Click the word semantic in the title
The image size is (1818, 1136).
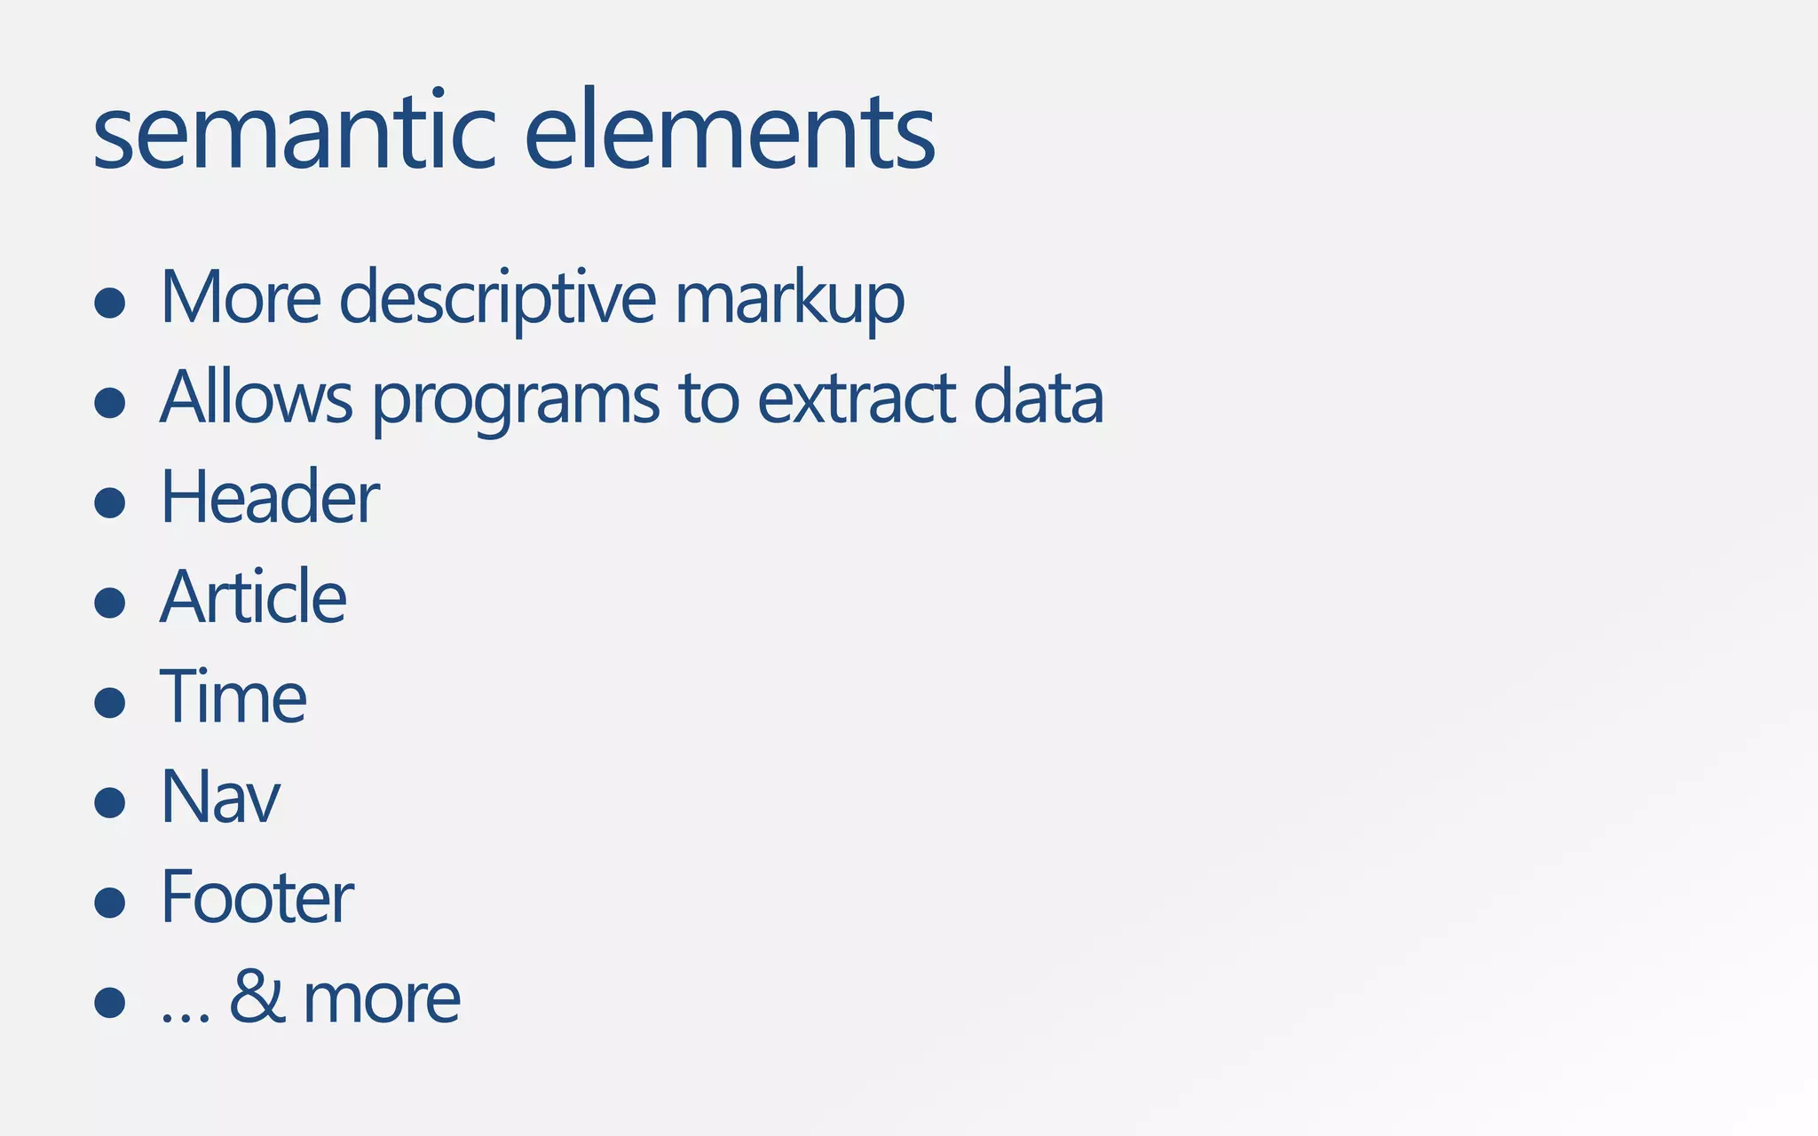[x=294, y=133]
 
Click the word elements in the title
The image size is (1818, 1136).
[x=730, y=133]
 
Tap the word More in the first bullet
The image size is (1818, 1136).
[x=241, y=298]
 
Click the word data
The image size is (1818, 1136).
[x=1038, y=398]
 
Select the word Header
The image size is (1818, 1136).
[x=270, y=498]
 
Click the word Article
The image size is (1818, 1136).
[x=253, y=597]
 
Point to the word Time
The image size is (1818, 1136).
[x=233, y=698]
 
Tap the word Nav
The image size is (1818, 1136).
[x=220, y=797]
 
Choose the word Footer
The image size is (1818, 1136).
[x=257, y=897]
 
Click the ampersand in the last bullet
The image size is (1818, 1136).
[x=257, y=997]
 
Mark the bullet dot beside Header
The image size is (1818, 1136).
[x=110, y=502]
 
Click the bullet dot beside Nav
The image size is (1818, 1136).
[x=110, y=802]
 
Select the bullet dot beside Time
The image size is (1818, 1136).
[x=110, y=702]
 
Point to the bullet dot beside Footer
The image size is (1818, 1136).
[x=110, y=903]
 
